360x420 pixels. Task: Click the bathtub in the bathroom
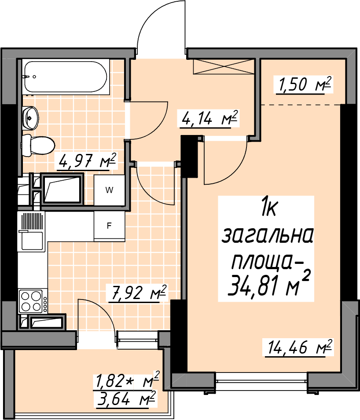pyautogui.click(x=66, y=77)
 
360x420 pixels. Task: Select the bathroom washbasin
pyautogui.click(x=30, y=118)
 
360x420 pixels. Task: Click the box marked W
pyautogui.click(x=110, y=190)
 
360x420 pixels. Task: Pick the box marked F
pyautogui.click(x=110, y=226)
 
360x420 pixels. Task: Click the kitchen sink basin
pyautogui.click(x=32, y=240)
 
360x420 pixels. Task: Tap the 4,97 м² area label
pyautogui.click(x=86, y=161)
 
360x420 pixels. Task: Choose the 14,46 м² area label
pyautogui.click(x=298, y=348)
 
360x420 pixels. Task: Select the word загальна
pyautogui.click(x=268, y=236)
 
